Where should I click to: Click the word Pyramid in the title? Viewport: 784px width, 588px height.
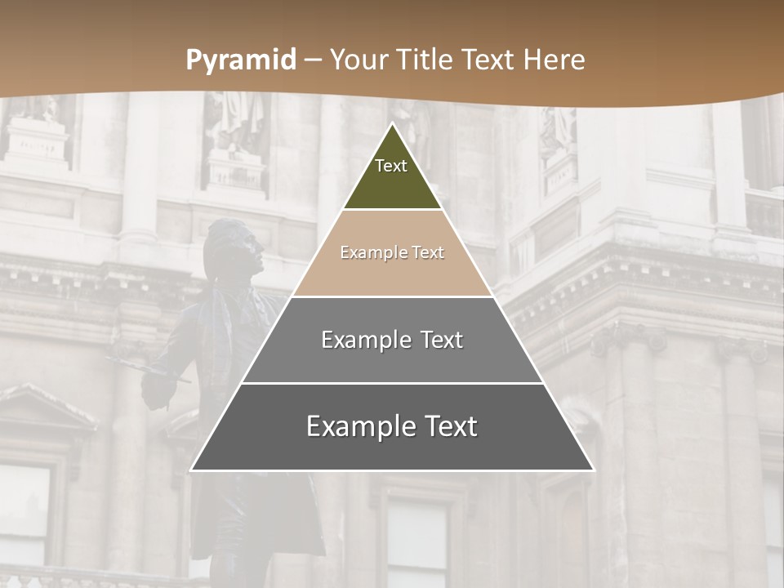[241, 60]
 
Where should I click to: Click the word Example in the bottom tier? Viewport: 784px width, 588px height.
[356, 427]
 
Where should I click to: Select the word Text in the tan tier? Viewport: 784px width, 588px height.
[427, 253]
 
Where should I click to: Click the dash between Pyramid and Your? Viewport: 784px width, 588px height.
[313, 60]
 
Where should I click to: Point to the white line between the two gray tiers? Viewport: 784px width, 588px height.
[392, 383]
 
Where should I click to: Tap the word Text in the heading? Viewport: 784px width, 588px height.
[488, 60]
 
